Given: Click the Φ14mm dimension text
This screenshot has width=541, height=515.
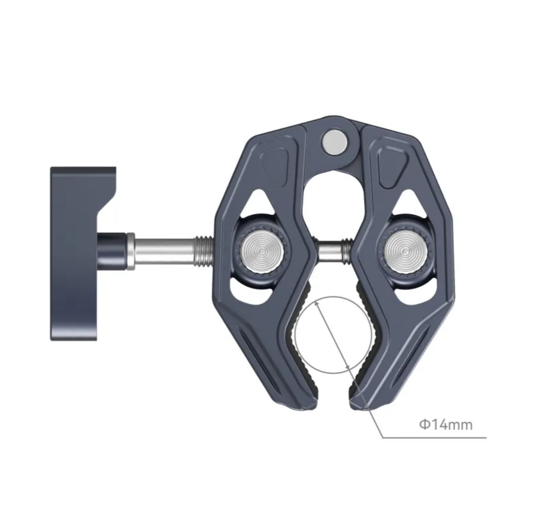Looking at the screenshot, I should [445, 424].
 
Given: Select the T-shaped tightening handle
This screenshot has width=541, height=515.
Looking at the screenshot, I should [77, 253].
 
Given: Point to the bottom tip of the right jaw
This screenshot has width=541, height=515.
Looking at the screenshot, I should [357, 401].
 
